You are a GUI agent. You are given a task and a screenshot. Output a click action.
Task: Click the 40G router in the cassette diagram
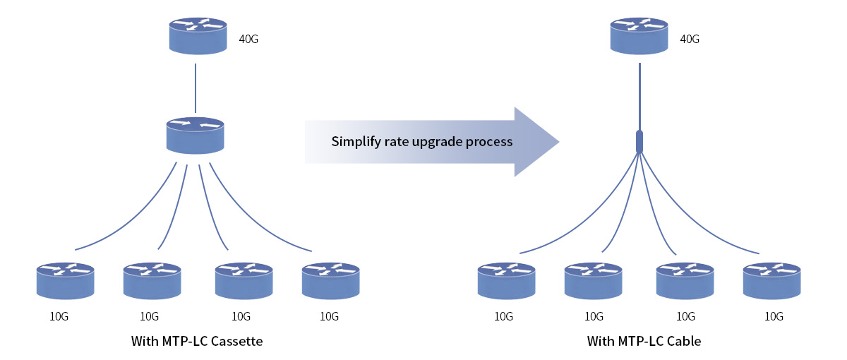pos(198,36)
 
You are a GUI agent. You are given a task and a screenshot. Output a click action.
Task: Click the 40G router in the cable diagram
pos(639,36)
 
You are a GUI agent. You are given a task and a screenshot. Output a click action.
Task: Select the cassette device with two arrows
pos(195,136)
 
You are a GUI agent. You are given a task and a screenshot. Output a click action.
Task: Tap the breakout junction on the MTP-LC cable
pos(639,141)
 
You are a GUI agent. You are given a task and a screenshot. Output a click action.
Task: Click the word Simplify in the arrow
pos(356,142)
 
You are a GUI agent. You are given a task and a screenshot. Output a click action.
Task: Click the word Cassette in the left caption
pos(236,341)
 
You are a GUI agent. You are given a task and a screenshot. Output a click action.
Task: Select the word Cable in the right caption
pos(684,341)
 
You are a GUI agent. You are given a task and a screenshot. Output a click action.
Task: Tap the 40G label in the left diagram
pos(248,39)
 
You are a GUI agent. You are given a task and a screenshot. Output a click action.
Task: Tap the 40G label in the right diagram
pos(690,39)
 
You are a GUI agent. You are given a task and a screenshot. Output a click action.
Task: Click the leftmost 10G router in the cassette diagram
pos(66,281)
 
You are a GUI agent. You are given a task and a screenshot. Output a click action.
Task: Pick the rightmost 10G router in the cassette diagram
pos(331,281)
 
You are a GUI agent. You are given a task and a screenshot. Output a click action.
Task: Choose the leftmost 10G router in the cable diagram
pos(506,281)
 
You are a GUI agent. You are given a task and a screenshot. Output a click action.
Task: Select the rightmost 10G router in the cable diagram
pos(771,281)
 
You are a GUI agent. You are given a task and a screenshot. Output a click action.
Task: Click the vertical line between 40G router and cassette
pos(196,88)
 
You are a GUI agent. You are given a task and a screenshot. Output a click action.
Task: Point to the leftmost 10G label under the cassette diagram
pos(59,316)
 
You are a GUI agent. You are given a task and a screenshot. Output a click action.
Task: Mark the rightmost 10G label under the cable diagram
pos(774,316)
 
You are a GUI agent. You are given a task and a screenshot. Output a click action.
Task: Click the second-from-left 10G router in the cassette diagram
pos(152,281)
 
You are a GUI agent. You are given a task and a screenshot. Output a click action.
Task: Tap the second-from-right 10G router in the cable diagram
pos(685,281)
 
